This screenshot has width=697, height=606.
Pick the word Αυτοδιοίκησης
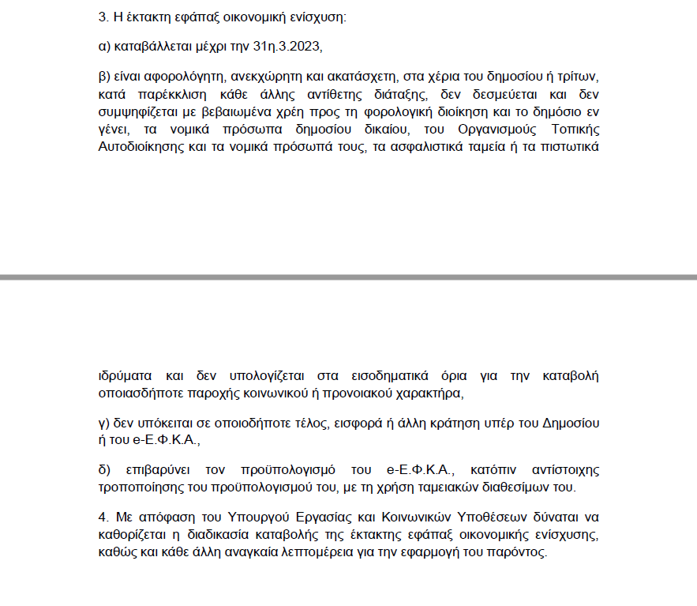140,147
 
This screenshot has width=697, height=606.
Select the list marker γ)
103,423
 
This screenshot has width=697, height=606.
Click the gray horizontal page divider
348,277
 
